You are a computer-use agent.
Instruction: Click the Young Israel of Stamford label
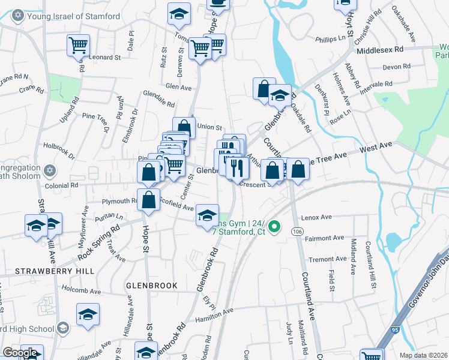(x=72, y=16)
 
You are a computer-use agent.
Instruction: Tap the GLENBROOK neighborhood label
(x=152, y=286)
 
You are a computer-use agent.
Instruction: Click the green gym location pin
(x=274, y=227)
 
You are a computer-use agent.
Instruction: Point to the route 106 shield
(x=296, y=231)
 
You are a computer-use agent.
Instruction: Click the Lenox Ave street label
(x=318, y=217)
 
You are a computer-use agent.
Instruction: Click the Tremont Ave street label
(x=327, y=259)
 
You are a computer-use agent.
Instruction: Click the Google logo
(x=20, y=353)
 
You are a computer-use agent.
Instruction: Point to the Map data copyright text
(x=424, y=355)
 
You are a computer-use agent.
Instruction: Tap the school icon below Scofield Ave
(x=207, y=216)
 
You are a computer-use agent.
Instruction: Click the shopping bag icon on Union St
(x=184, y=127)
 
